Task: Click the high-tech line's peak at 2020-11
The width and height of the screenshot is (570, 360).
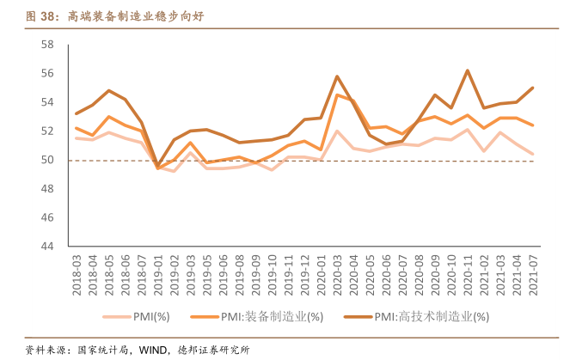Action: pyautogui.click(x=467, y=70)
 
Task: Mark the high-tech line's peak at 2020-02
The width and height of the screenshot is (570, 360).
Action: pyautogui.click(x=337, y=76)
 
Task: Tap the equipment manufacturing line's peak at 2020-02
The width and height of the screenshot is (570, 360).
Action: pyautogui.click(x=337, y=95)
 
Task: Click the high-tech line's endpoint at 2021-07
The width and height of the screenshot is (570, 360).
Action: pyautogui.click(x=532, y=88)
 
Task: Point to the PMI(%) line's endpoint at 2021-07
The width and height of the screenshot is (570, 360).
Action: pyautogui.click(x=532, y=154)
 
